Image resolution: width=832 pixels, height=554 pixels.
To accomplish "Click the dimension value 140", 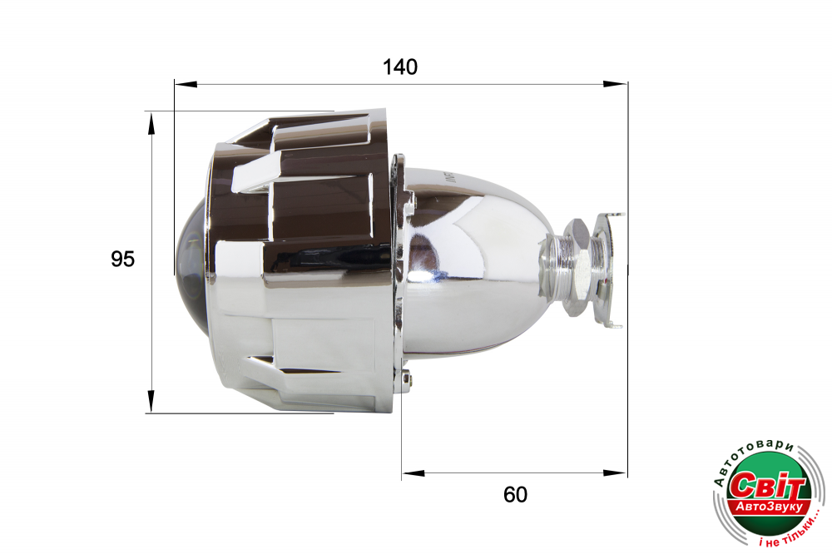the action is tap(400, 67).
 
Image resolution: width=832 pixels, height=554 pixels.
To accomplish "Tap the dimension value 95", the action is tap(122, 259).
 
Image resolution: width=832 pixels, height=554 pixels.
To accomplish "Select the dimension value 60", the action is tap(515, 495).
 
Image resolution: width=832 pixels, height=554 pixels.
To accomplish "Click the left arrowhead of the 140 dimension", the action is tap(186, 84).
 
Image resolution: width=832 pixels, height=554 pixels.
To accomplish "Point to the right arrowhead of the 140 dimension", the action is tap(616, 84).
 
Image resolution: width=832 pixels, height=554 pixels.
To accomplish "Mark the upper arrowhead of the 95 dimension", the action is tap(151, 122).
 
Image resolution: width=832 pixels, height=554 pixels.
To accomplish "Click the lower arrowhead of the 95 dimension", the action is tap(151, 401).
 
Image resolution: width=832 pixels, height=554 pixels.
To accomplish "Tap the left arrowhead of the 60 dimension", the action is tap(414, 472).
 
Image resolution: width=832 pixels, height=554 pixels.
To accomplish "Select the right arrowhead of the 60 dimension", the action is tap(616, 472).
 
